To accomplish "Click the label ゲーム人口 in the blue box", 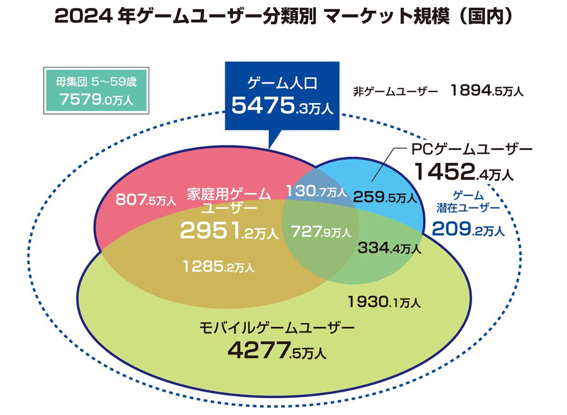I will (282, 84).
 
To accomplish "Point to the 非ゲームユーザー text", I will (395, 91).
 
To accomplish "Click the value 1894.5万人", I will (487, 91).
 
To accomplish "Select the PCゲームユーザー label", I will (470, 150).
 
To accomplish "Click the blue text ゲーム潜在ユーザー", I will (468, 202).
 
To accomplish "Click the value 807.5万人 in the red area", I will (146, 200).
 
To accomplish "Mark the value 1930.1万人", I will (384, 301).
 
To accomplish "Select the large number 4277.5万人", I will (276, 350).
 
